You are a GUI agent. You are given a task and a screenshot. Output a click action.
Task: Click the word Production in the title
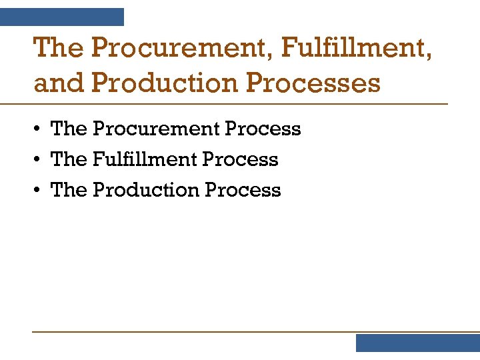(x=165, y=83)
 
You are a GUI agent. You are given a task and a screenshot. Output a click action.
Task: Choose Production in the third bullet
(x=146, y=190)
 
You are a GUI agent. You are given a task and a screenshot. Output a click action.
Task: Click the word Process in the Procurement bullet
(x=263, y=129)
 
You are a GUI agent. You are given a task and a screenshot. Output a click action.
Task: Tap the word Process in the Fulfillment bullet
(x=241, y=159)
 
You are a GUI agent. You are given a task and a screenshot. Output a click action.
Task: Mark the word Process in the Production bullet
(x=243, y=190)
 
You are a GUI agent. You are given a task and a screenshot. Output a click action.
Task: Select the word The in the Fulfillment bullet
(x=69, y=159)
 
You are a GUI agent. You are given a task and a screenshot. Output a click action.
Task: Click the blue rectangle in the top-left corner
(x=61, y=17)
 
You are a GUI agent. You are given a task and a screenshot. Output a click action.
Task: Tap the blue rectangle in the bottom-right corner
(x=417, y=343)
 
